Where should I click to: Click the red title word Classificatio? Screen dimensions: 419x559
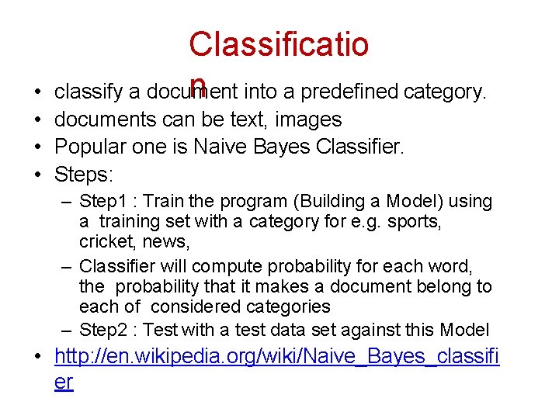pyautogui.click(x=279, y=44)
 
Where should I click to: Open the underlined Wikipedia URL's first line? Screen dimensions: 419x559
pyautogui.click(x=277, y=358)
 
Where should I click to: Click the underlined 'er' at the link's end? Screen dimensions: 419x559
pyautogui.click(x=64, y=383)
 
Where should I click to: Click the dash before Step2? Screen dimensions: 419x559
pyautogui.click(x=68, y=330)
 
